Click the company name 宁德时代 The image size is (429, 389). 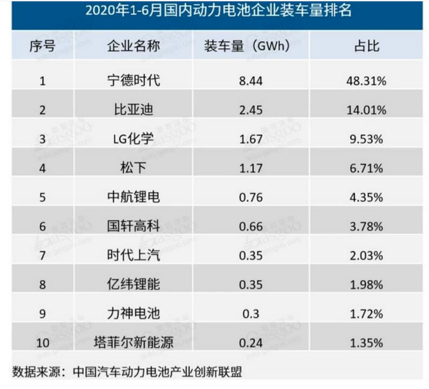coord(133,81)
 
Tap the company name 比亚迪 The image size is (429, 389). coord(133,110)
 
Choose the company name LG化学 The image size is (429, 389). coord(133,139)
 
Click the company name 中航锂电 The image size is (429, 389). coord(133,197)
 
